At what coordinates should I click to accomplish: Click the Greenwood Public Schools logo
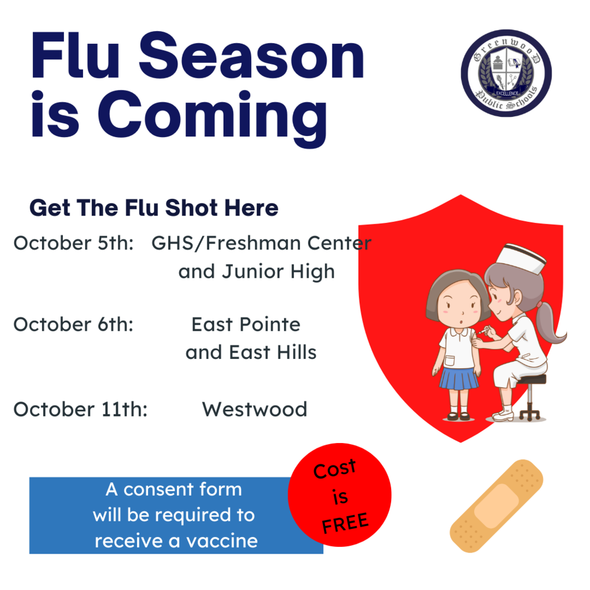[506, 73]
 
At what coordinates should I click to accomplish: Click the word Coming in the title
[213, 117]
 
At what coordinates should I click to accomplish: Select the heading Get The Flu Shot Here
[154, 207]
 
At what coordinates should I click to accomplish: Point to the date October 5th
[74, 243]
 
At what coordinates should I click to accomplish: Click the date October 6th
[74, 324]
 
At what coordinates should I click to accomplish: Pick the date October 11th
[81, 410]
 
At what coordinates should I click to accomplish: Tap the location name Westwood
[255, 410]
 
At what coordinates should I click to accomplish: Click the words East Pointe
[246, 324]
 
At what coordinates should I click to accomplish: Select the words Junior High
[278, 272]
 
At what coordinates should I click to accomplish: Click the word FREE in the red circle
[345, 523]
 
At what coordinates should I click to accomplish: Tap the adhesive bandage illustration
[497, 506]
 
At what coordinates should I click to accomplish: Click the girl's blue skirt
[459, 379]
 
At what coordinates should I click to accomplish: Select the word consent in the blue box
[159, 490]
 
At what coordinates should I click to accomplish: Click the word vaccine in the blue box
[222, 541]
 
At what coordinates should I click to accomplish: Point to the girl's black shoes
[459, 416]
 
